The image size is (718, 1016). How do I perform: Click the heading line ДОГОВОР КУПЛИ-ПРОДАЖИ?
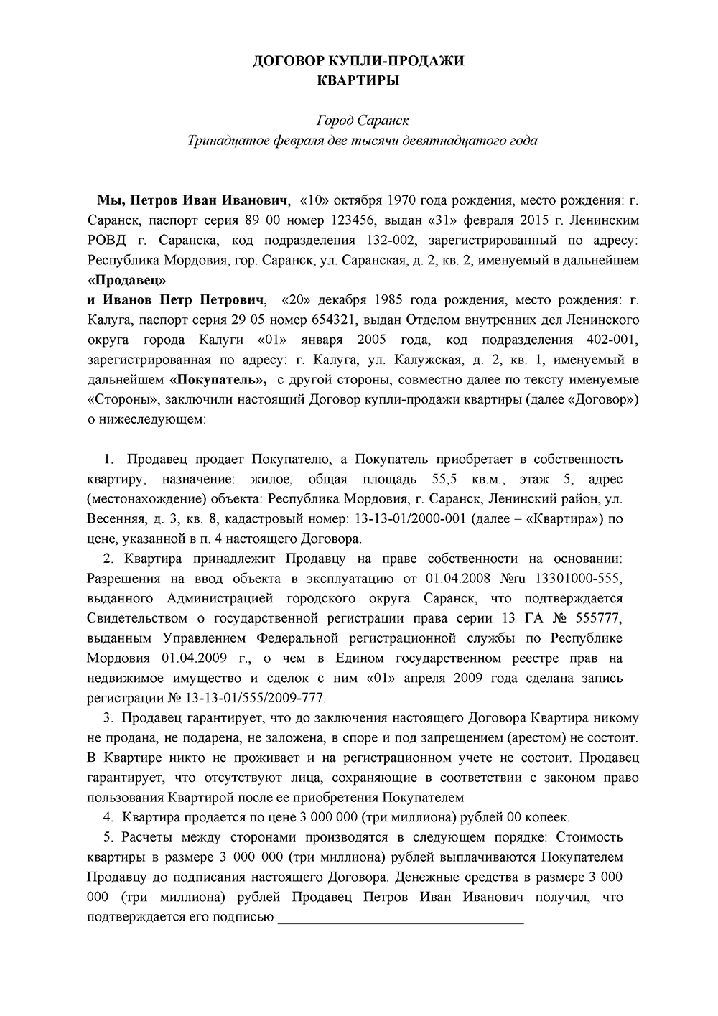tap(358, 61)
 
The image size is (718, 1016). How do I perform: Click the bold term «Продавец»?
tap(126, 279)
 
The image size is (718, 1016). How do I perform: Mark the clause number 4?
tap(108, 817)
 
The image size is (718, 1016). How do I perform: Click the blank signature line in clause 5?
tap(400, 918)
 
